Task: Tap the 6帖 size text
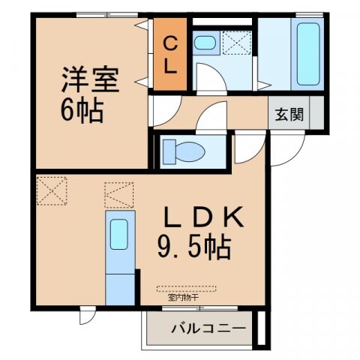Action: click(x=82, y=112)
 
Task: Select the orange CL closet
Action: click(x=169, y=56)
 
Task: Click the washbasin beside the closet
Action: click(x=203, y=43)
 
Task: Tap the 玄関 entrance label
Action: click(x=288, y=115)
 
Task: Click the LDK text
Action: click(x=202, y=218)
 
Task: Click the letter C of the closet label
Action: click(x=169, y=43)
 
